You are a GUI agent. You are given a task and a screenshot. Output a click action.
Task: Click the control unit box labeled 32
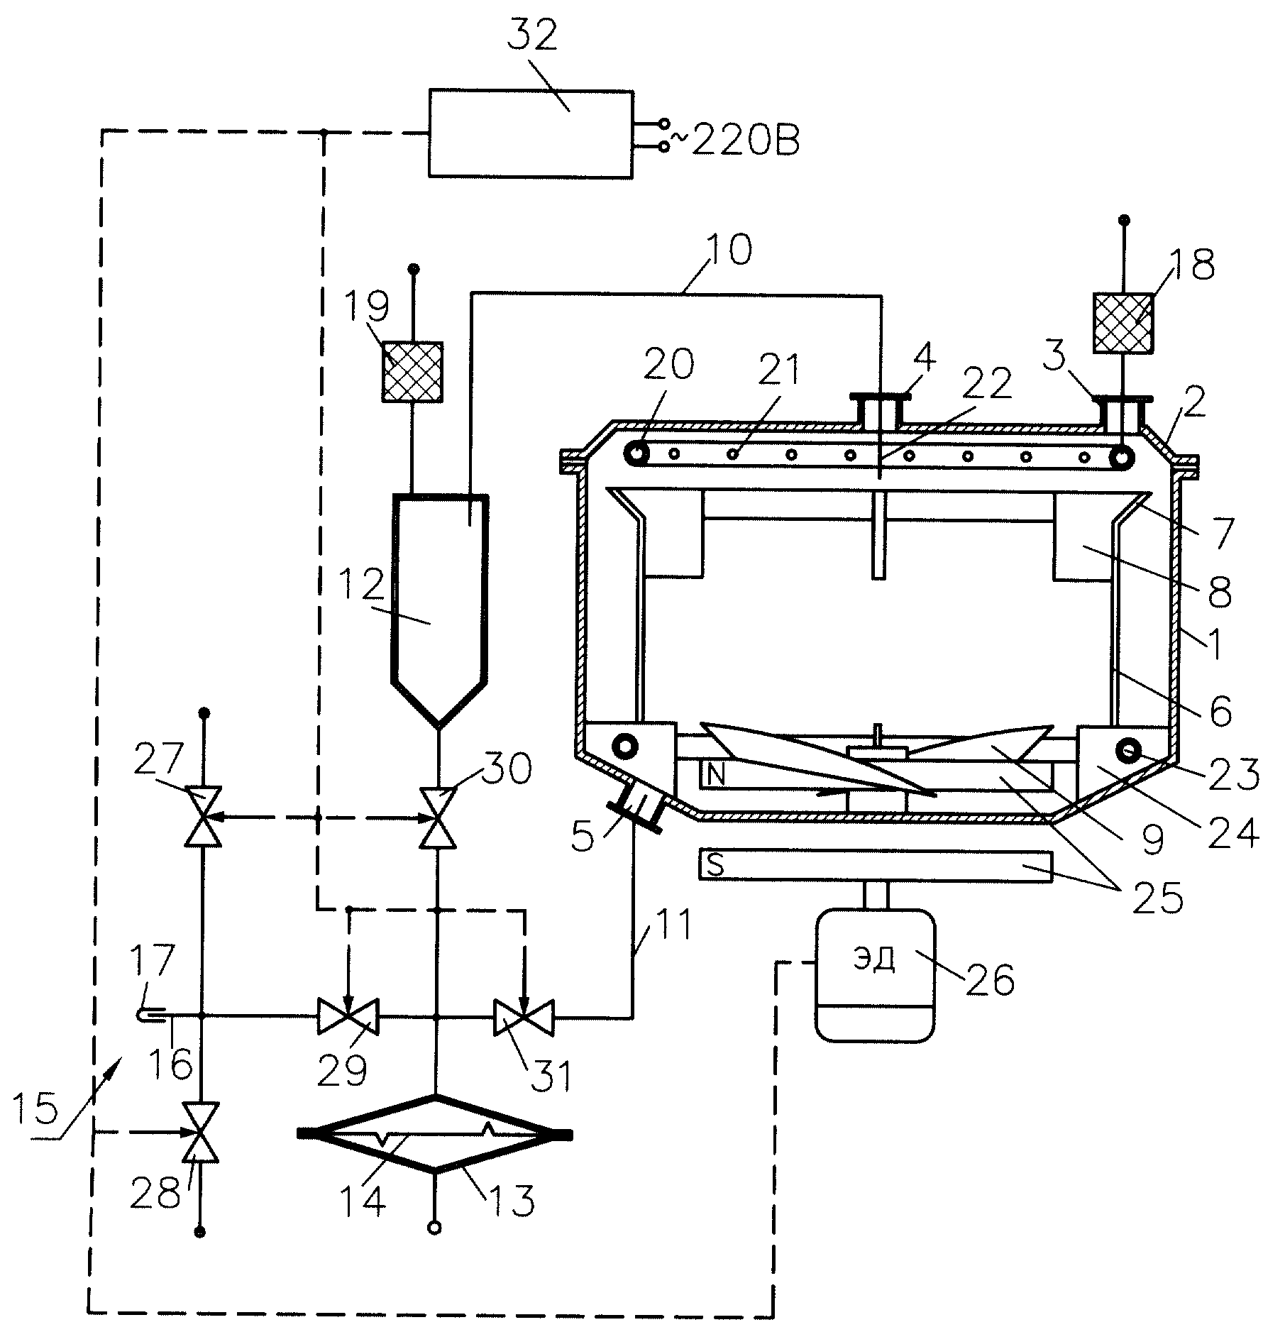[530, 133]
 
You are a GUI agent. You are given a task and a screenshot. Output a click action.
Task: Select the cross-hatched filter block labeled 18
[1123, 324]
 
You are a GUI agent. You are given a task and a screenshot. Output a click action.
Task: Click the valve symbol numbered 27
[203, 816]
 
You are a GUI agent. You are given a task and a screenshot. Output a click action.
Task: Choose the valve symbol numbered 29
[348, 1017]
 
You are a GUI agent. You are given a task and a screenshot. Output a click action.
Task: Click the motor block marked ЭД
[876, 974]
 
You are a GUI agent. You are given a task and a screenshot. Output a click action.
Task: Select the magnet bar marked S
[876, 866]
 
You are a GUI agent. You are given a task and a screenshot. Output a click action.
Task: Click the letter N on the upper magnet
[716, 774]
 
